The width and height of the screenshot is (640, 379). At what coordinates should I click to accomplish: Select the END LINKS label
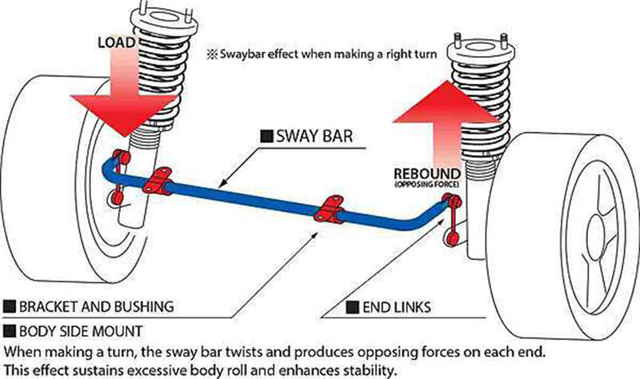(390, 306)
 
